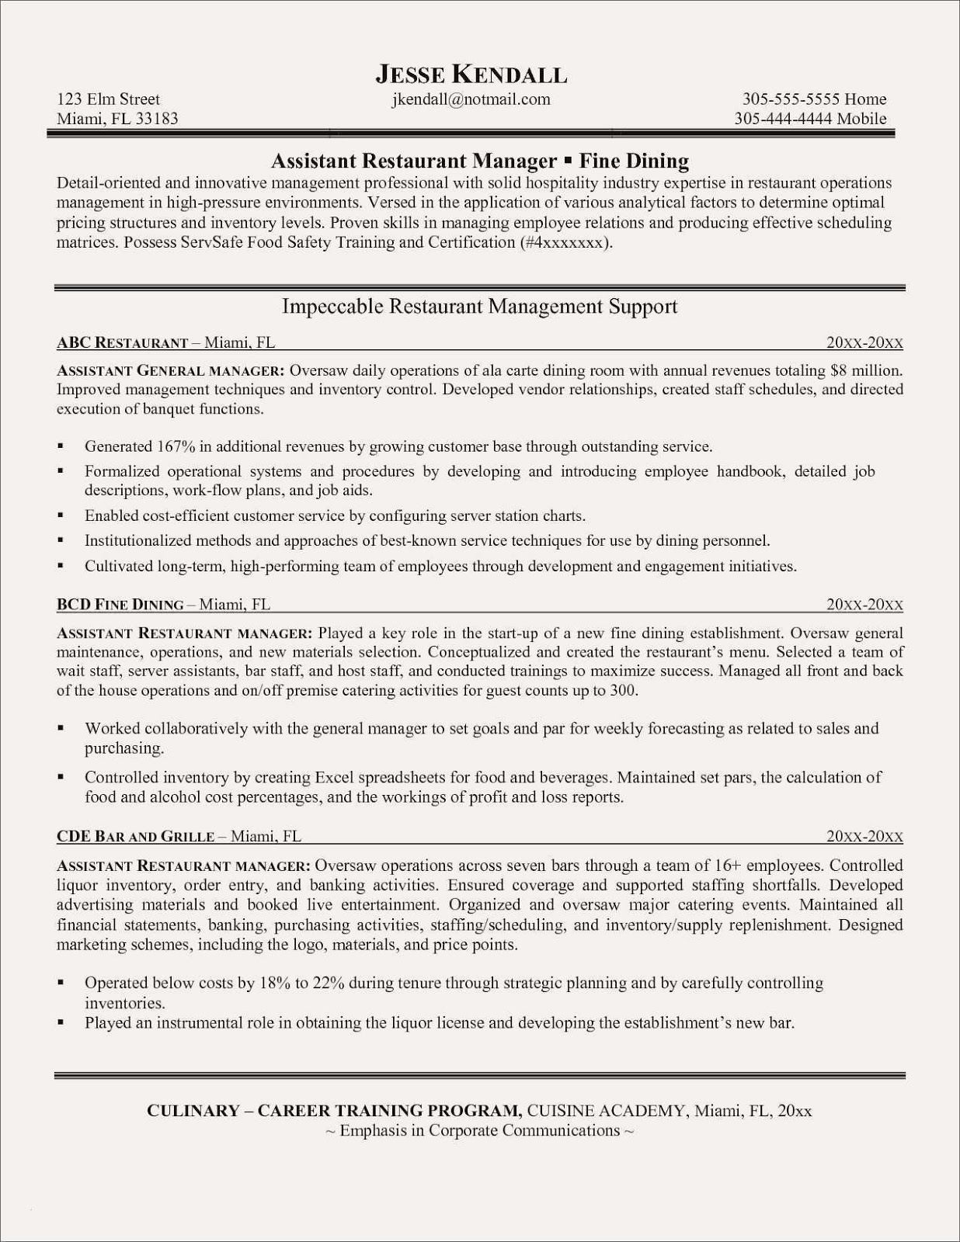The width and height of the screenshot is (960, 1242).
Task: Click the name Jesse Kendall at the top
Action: [471, 75]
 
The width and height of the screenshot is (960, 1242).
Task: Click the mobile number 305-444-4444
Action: [783, 119]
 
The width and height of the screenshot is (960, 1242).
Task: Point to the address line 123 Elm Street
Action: [108, 99]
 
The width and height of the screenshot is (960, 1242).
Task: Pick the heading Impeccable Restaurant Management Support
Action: [479, 307]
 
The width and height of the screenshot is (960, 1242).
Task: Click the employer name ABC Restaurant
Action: [123, 342]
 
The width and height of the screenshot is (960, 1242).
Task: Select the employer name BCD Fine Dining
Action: [120, 605]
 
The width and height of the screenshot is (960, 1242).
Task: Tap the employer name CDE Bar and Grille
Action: [135, 836]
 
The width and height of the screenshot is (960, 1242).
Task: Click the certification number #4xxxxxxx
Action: [564, 242]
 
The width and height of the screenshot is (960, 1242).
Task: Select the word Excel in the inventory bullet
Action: [334, 777]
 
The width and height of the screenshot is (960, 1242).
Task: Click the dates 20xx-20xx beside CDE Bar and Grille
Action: [864, 836]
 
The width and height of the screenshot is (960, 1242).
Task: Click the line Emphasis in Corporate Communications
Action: [479, 1130]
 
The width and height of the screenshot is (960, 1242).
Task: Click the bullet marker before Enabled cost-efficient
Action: [61, 515]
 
